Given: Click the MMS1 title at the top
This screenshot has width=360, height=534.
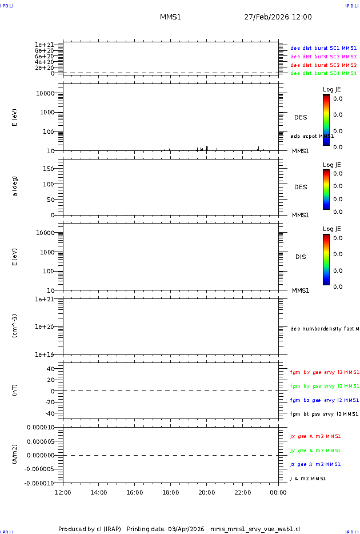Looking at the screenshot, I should click(x=170, y=17).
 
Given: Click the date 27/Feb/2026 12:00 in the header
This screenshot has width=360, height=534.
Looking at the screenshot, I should click(x=278, y=17).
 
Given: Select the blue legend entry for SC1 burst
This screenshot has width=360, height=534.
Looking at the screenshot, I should click(x=323, y=49).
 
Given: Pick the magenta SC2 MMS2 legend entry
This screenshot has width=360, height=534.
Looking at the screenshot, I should click(x=323, y=57).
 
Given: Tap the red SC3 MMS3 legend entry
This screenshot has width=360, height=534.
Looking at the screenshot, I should click(x=323, y=65).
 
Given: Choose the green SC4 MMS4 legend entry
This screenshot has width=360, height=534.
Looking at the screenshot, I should click(x=323, y=73).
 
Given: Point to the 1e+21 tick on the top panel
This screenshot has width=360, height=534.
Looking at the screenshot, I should click(x=44, y=45).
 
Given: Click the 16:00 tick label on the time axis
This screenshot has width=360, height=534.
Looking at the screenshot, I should click(x=134, y=492).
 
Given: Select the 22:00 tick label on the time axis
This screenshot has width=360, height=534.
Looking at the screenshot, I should click(x=242, y=492).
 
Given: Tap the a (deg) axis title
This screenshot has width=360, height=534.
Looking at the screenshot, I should click(x=15, y=186).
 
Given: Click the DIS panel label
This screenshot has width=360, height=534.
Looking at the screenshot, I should click(x=300, y=257).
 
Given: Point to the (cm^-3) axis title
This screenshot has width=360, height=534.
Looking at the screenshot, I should click(x=15, y=326).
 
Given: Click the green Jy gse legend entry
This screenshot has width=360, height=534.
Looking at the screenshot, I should click(x=315, y=451).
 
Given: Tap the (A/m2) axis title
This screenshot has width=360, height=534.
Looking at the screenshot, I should click(x=15, y=455).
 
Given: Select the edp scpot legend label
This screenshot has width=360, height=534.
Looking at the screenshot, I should click(x=311, y=136).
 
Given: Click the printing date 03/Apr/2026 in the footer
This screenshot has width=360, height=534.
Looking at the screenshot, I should click(x=185, y=529).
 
